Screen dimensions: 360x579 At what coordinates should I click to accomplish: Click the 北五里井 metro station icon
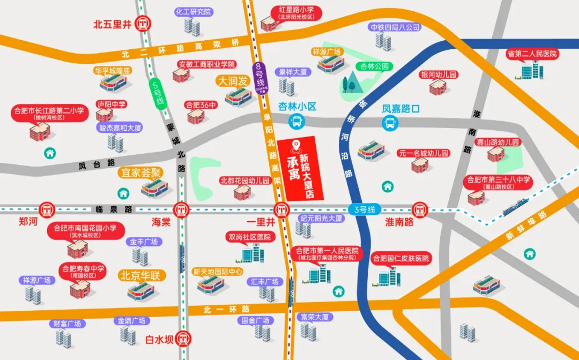coord(143,24)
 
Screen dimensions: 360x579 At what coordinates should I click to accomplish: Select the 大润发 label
coord(232,81)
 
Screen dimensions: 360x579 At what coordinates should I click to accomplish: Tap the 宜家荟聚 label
coord(140,172)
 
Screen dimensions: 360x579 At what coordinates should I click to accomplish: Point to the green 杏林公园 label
coord(374,66)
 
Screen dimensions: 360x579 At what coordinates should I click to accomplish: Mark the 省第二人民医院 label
coord(532,54)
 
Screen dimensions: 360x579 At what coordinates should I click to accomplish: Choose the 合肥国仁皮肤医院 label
coord(402,258)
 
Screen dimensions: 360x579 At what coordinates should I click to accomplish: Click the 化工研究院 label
coord(194,12)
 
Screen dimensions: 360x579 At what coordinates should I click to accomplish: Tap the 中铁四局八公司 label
coord(394,27)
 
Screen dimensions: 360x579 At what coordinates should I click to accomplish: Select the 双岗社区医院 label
coord(250,237)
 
